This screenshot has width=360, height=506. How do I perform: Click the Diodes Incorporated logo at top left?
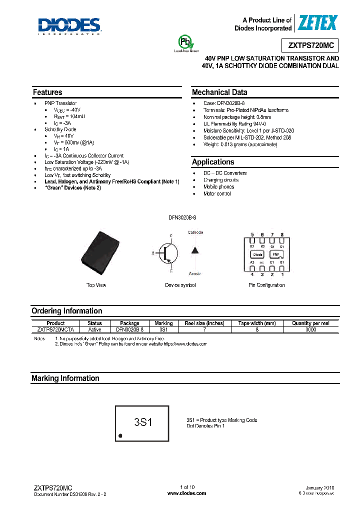point(69,26)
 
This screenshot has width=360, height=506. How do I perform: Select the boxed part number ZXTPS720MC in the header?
point(310,45)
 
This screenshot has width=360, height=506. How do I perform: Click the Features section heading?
point(47,92)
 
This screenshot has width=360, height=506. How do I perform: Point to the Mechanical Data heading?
point(219,92)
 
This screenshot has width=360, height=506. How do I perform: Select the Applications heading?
point(213,162)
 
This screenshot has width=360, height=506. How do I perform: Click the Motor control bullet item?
point(217,193)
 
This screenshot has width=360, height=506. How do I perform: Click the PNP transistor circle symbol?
point(167,253)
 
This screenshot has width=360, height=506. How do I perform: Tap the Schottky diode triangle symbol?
point(195,250)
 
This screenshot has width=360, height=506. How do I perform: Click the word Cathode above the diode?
point(195,232)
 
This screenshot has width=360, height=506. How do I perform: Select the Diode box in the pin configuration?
point(257,254)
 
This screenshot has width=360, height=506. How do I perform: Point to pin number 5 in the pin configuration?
point(252,234)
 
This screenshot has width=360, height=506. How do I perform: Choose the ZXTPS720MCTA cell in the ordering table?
point(55,330)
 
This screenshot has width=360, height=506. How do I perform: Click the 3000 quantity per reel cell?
point(310,330)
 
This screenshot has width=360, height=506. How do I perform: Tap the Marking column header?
point(163,323)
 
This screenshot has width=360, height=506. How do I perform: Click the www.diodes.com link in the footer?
point(186,493)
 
